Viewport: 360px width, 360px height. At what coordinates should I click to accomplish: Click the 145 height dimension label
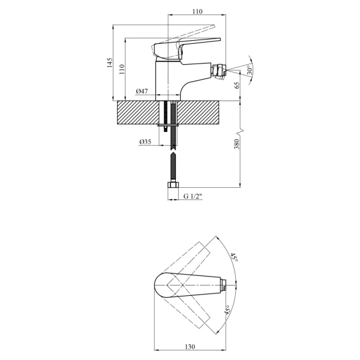click(x=110, y=62)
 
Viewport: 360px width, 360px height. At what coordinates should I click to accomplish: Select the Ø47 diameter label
click(x=142, y=91)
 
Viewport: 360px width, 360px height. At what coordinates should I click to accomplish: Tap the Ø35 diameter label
click(x=145, y=142)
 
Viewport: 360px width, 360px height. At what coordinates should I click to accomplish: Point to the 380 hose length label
click(x=237, y=144)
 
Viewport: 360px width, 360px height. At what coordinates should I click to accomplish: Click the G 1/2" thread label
click(x=193, y=196)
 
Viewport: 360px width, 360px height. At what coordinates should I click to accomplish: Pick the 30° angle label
click(x=250, y=70)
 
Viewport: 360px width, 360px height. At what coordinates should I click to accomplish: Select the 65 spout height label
click(x=237, y=85)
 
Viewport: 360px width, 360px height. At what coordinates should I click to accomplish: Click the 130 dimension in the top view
click(x=190, y=346)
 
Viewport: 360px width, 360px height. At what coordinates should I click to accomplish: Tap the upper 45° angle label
click(x=235, y=257)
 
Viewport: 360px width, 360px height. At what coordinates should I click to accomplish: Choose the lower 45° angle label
click(x=227, y=310)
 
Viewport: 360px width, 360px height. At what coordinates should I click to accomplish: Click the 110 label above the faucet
click(x=197, y=11)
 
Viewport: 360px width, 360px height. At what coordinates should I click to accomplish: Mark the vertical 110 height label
click(x=122, y=69)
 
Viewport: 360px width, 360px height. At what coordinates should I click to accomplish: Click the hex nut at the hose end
click(x=173, y=185)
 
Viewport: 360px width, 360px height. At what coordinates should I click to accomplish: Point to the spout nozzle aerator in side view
click(x=220, y=70)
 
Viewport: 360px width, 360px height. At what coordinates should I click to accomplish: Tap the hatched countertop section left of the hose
click(x=138, y=113)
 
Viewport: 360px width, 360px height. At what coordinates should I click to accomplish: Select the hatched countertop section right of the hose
click(x=197, y=113)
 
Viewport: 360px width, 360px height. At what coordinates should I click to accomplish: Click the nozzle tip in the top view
click(x=224, y=285)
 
